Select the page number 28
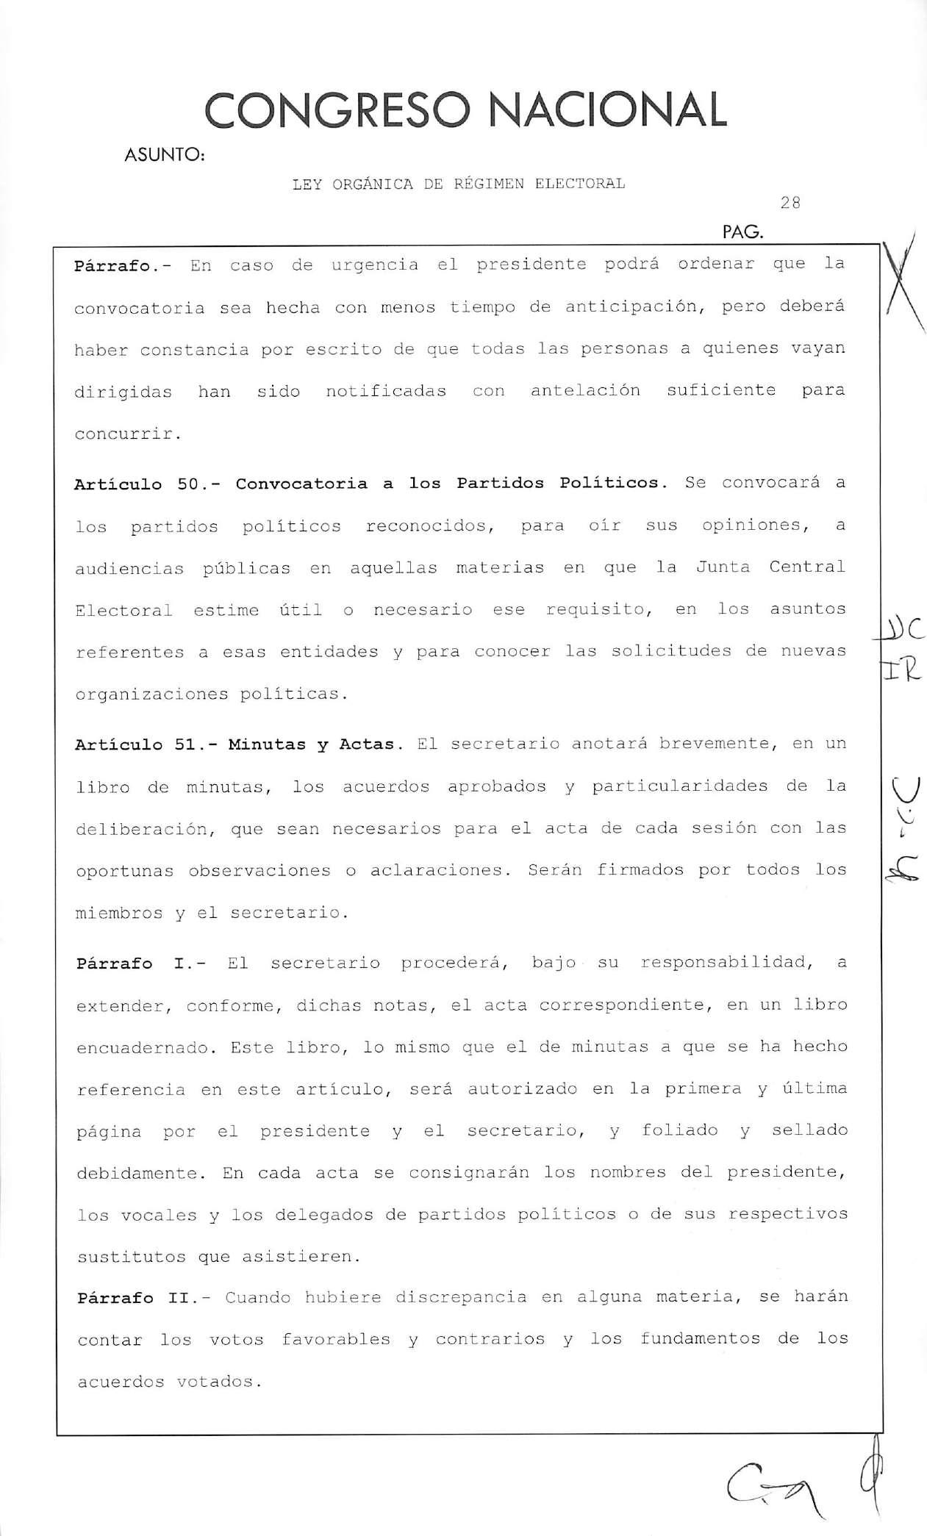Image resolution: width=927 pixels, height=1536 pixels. pyautogui.click(x=790, y=204)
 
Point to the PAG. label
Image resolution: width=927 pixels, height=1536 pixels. pyautogui.click(x=743, y=234)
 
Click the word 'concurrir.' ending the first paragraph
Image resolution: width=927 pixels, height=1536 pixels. pyautogui.click(x=127, y=434)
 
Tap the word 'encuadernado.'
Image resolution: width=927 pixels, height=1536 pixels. pyautogui.click(x=143, y=1049)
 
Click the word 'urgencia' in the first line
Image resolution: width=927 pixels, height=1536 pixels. pyautogui.click(x=374, y=265)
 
